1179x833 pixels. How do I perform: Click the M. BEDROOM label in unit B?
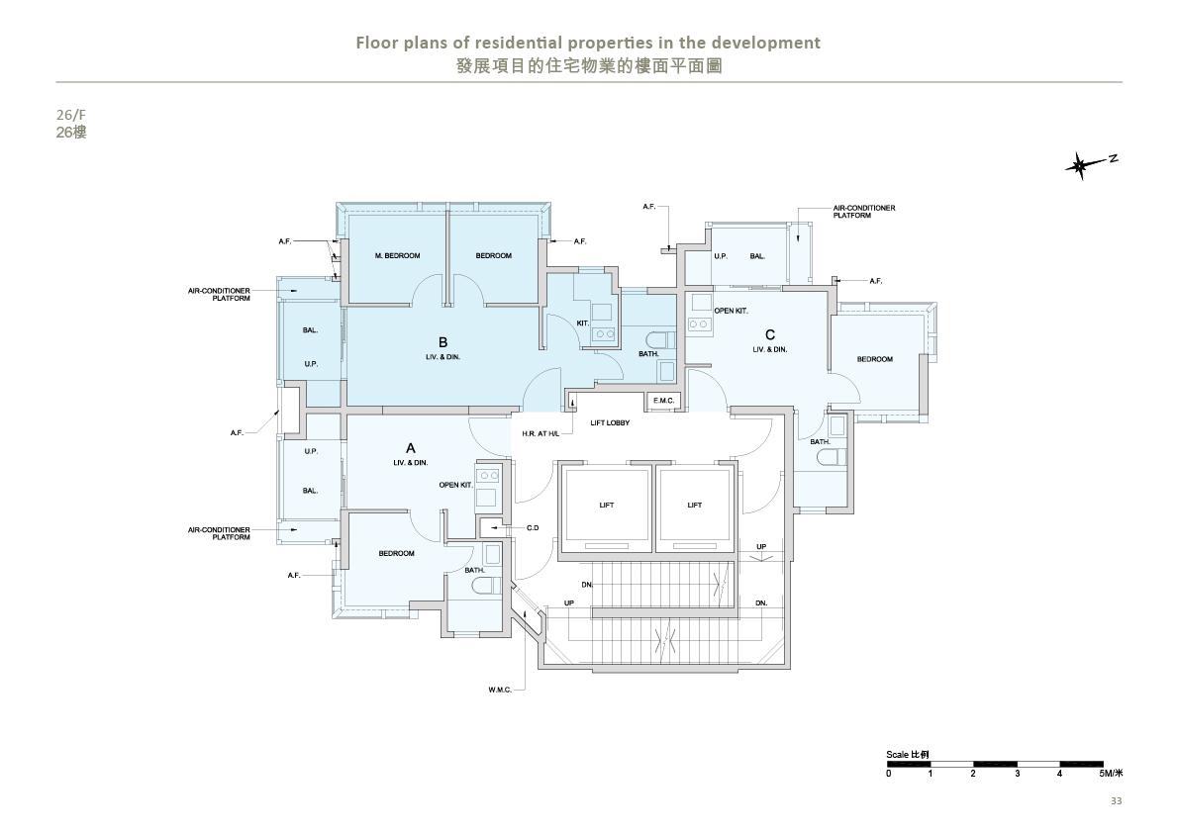coord(397,256)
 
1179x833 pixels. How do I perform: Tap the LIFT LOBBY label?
coord(610,422)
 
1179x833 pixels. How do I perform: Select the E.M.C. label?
coord(664,401)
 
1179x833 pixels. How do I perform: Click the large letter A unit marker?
coord(411,448)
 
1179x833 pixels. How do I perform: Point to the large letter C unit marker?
coord(770,335)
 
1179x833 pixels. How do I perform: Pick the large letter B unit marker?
coord(442,342)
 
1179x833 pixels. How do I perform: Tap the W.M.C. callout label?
coord(500,690)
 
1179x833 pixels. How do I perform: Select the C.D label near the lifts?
coord(533,528)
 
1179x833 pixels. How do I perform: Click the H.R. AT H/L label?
coord(540,434)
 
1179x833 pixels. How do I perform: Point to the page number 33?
coord(1116,800)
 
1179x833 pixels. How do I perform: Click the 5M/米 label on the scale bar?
coord(1111,773)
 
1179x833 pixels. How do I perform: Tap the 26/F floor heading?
coord(70,115)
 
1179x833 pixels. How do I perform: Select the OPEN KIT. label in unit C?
coord(731,311)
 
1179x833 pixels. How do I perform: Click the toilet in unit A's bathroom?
coord(492,585)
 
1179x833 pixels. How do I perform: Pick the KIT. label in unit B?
coord(583,324)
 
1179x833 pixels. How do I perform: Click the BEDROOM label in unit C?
coord(875,359)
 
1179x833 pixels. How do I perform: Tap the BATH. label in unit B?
coord(649,354)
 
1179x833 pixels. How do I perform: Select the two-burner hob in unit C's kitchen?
coord(699,324)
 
